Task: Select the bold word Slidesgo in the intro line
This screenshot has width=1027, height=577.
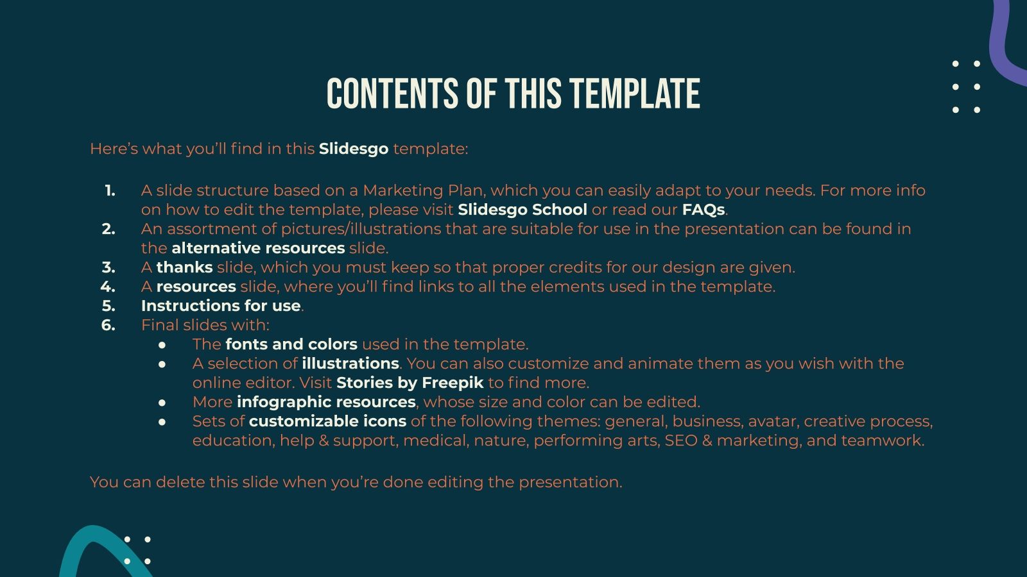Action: pos(354,149)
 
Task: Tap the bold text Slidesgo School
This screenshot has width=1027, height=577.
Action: pos(522,210)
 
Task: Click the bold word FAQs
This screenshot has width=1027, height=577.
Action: pos(703,210)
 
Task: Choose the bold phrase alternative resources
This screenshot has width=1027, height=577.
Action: pos(258,248)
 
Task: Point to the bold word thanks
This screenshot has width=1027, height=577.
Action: pos(184,267)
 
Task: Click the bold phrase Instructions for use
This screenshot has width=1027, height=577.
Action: pos(221,306)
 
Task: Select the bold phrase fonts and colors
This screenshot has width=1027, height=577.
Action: pos(291,344)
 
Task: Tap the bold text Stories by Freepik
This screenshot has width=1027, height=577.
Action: pos(410,383)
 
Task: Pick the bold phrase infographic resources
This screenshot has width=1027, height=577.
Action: pos(326,402)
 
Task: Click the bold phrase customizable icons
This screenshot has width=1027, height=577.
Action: pos(327,421)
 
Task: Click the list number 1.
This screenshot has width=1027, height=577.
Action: pos(110,190)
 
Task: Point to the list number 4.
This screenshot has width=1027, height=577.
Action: pos(108,287)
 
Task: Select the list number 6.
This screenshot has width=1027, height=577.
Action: pos(108,325)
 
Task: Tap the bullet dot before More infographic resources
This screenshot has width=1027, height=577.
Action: pos(162,403)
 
